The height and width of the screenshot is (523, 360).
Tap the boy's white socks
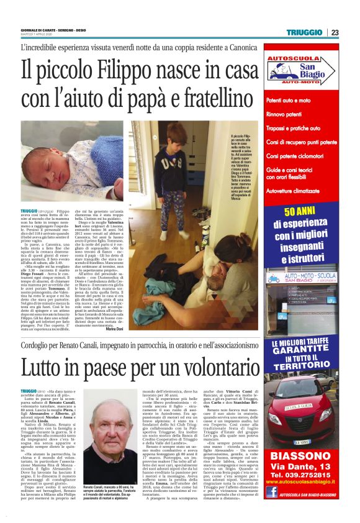tap(171, 236)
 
